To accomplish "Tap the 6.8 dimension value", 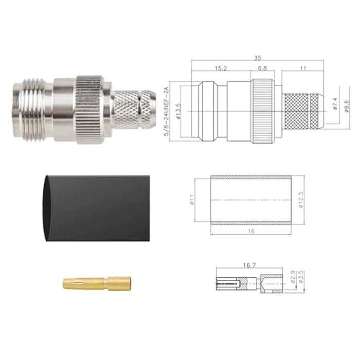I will coord(262,68).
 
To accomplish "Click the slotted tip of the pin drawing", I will coord(228,283).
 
